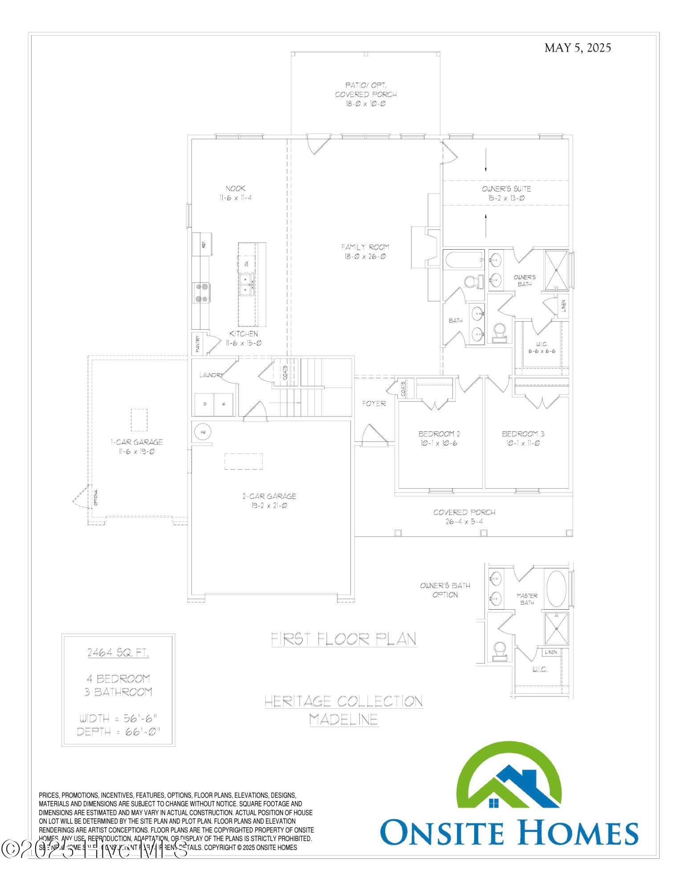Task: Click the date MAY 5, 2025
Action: pos(577,48)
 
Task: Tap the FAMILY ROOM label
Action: pos(365,247)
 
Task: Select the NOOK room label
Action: pos(235,189)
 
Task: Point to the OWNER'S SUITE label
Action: pos(506,189)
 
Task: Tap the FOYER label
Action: pos(374,404)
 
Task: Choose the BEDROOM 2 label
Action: pos(436,434)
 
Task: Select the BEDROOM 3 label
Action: pos(523,434)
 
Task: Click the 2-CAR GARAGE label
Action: pos(269,496)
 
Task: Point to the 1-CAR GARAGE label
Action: pos(137,442)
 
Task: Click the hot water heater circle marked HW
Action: pos(203,432)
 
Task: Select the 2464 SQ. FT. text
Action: pos(118,653)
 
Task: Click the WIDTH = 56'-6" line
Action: pos(118,718)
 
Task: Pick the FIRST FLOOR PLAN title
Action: pos(344,639)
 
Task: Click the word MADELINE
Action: pos(344,719)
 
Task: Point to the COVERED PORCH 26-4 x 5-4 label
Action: pos(464,513)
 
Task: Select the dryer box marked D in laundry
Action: pos(205,404)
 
